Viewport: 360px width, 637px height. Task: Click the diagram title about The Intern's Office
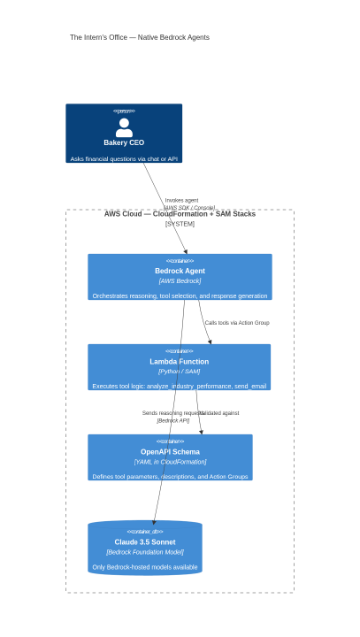click(x=140, y=37)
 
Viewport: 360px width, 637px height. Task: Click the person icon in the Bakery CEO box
click(x=124, y=127)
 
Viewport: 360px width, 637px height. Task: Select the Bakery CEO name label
click(x=124, y=142)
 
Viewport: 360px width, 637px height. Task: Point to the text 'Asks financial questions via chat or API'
click(x=124, y=159)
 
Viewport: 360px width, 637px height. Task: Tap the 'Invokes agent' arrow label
click(x=181, y=201)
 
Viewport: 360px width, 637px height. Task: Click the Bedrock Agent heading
click(x=180, y=271)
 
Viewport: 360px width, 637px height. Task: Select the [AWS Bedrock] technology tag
click(x=180, y=280)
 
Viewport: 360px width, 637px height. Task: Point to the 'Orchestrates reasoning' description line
click(x=180, y=295)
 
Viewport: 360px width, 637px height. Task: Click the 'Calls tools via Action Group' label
click(x=237, y=323)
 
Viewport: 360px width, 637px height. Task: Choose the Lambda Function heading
click(x=179, y=361)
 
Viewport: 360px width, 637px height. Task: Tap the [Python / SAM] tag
click(x=179, y=371)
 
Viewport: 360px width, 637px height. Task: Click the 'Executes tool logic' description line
click(x=179, y=386)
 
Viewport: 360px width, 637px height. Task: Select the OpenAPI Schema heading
click(x=170, y=451)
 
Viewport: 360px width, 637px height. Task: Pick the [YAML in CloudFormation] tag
click(x=170, y=461)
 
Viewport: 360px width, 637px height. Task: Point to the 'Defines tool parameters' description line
click(x=170, y=476)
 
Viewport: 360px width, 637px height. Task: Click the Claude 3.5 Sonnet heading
click(x=145, y=541)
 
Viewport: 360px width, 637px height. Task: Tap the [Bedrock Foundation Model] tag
click(x=145, y=551)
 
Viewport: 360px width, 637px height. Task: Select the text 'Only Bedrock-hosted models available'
click(x=145, y=566)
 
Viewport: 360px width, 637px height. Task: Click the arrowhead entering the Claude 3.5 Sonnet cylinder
click(x=154, y=522)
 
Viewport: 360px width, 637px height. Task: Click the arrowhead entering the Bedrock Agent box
click(x=186, y=250)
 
